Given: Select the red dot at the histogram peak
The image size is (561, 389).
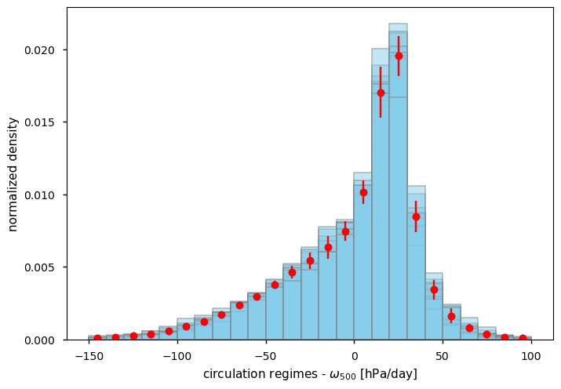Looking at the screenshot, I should click(x=399, y=56).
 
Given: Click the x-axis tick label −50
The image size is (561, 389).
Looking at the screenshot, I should click(x=265, y=355).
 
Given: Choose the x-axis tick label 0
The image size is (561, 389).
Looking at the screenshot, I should click(x=354, y=355).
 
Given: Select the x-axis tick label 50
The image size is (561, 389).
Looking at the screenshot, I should click(x=443, y=355).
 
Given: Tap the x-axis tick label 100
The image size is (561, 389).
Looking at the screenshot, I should click(x=531, y=355).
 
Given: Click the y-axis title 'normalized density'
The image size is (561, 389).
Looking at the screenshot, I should click(x=13, y=174).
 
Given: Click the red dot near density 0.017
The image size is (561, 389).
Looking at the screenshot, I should click(x=381, y=93).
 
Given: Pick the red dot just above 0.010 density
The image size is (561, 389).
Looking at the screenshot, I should click(x=363, y=192).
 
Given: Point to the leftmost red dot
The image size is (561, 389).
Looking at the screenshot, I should click(x=97, y=339).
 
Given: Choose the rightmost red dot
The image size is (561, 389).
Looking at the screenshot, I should click(x=523, y=339).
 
